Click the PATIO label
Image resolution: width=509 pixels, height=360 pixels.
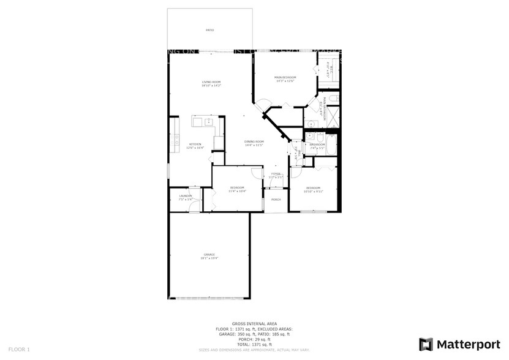click(209, 29)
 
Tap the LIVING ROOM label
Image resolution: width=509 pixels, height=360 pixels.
click(211, 82)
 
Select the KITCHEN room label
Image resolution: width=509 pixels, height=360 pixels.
click(195, 144)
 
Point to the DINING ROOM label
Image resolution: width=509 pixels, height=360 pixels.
click(254, 141)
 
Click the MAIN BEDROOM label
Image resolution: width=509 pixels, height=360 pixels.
click(285, 77)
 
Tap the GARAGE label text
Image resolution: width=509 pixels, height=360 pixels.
click(209, 254)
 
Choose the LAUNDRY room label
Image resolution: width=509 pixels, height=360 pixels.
click(186, 196)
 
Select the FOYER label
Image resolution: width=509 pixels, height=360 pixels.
click(276, 173)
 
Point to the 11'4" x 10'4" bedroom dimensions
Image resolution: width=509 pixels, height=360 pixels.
click(238, 191)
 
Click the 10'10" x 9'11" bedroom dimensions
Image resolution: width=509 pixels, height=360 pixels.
click(313, 191)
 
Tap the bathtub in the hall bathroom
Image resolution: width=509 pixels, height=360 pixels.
click(331, 145)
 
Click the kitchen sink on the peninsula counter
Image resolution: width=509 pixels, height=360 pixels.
click(198, 122)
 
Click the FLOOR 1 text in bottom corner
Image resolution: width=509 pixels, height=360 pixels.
click(20, 349)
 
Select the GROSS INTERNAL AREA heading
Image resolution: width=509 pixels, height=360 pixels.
click(254, 323)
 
